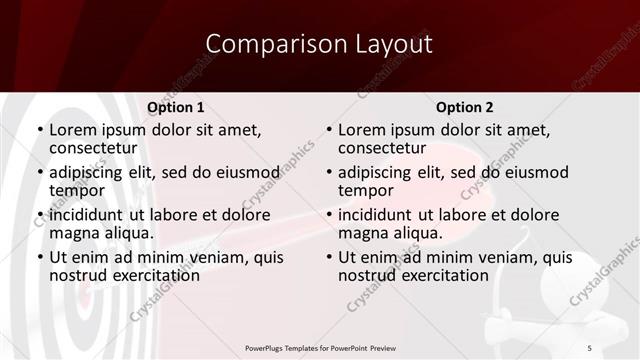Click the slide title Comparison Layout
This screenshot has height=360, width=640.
click(x=319, y=44)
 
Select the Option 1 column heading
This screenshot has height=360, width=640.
click(x=175, y=107)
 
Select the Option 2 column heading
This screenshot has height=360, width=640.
click(x=464, y=107)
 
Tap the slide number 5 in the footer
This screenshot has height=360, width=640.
click(x=589, y=347)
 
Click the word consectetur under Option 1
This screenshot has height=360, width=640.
click(x=92, y=148)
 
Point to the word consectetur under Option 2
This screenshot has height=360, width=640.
click(x=381, y=148)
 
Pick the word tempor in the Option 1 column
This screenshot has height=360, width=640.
click(x=77, y=190)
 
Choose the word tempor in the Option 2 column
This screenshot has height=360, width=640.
click(x=366, y=190)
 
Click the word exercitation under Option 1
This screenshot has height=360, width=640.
click(x=142, y=275)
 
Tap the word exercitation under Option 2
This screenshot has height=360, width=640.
click(x=431, y=275)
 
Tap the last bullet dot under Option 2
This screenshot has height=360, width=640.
click(x=329, y=258)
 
